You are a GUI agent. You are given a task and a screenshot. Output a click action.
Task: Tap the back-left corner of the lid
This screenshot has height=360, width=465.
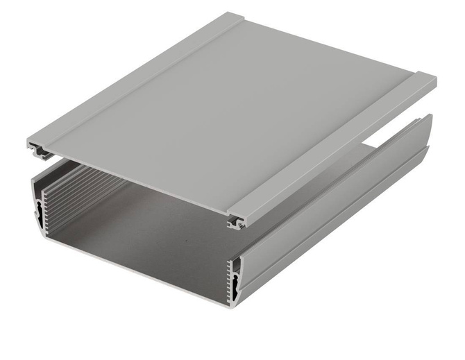click(x=232, y=15)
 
